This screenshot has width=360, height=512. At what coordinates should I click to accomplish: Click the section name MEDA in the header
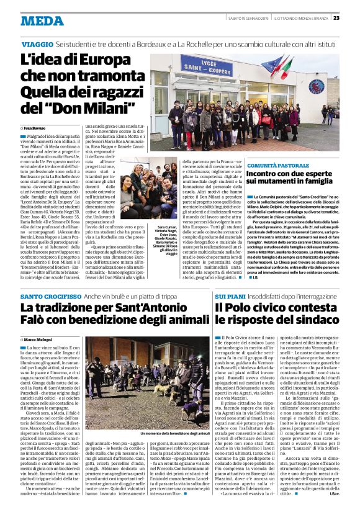coord(42,20)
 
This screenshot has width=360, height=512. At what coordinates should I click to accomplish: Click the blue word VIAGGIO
coord(37,45)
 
